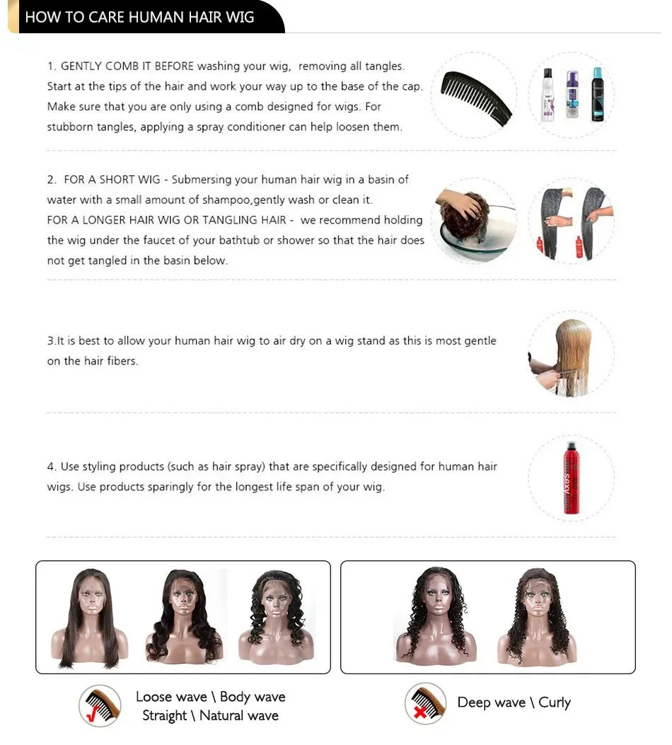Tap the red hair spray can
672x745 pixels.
(570, 478)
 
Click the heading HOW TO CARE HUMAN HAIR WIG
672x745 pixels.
(139, 17)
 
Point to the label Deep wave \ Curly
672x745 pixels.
(514, 703)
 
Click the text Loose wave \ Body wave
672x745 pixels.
(210, 697)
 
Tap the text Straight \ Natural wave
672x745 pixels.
(210, 716)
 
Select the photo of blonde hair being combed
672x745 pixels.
(570, 354)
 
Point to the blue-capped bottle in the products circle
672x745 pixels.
(597, 96)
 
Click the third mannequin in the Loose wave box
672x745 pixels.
(275, 616)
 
